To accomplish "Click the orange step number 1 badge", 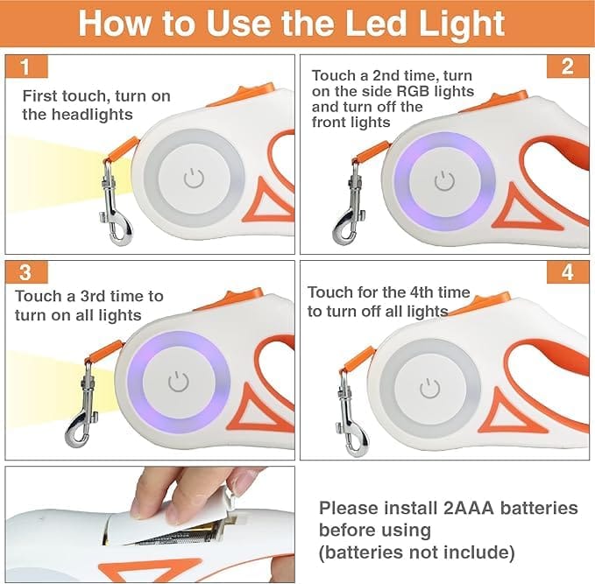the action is [x=26, y=67].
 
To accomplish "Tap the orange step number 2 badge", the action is [x=568, y=67].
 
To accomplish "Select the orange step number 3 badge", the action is [x=26, y=272].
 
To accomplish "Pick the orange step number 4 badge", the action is [x=568, y=272].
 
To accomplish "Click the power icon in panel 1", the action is [x=194, y=179].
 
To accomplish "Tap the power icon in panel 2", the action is [x=444, y=180].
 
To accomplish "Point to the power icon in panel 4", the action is [x=429, y=389].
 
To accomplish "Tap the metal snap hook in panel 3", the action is [x=82, y=405].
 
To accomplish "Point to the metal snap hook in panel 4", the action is [x=351, y=414].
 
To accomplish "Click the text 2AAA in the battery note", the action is [x=469, y=508].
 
